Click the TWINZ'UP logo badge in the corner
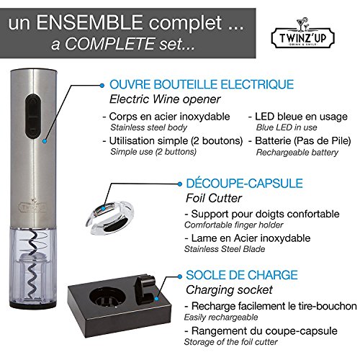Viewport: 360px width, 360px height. (315, 32)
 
